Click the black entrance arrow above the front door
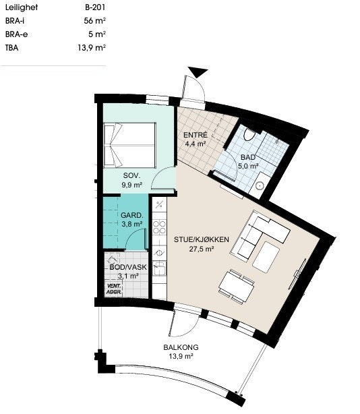[x=198, y=71]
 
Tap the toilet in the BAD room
[x=249, y=134]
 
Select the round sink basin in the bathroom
[x=260, y=185]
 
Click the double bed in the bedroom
[x=129, y=145]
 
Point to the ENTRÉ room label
[x=196, y=135]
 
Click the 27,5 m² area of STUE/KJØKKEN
[x=202, y=249]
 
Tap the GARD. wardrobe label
[x=132, y=216]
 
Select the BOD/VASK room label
[x=128, y=267]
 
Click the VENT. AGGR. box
[x=114, y=289]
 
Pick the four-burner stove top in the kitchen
[x=160, y=227]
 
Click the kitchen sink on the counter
[x=160, y=269]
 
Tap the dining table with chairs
[x=237, y=287]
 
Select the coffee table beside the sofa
[x=266, y=257]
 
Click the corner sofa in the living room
[x=260, y=235]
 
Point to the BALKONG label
[x=181, y=347]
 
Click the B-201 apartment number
[x=95, y=7]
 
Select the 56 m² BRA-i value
[x=95, y=21]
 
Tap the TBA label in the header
[x=12, y=48]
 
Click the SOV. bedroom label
[x=132, y=175]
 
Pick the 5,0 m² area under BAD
[x=248, y=166]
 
